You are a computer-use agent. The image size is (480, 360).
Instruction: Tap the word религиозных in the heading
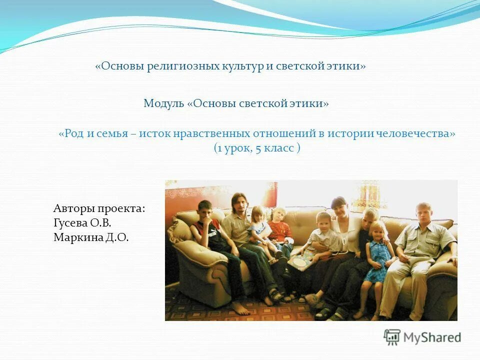pos(182,66)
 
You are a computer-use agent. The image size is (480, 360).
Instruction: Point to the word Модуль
pos(163,103)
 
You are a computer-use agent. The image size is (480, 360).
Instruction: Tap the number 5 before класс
pos(258,148)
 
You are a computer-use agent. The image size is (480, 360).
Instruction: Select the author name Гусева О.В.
pos(82,223)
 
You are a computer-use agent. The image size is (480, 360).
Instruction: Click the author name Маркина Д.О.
pos(91,237)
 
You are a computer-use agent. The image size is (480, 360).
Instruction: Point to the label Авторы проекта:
pos(99,208)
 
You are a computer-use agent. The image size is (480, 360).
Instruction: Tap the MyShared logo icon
pos(392,337)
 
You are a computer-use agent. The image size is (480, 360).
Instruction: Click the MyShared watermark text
pos(433,337)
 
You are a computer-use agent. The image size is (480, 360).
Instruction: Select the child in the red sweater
pos(280,227)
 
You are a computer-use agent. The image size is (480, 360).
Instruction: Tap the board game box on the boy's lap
pos(301,260)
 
